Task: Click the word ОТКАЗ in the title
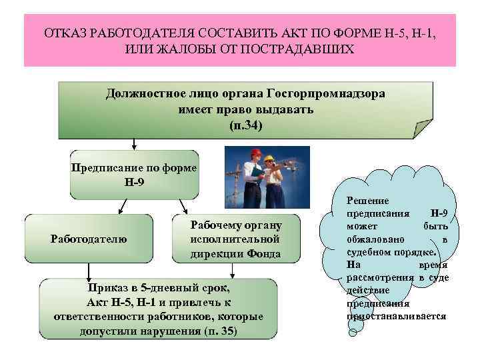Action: coord(66,33)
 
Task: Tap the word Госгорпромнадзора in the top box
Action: coord(325,93)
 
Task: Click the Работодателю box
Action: coord(89,238)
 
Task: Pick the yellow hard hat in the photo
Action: coord(269,159)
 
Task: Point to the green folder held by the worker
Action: coord(256,175)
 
